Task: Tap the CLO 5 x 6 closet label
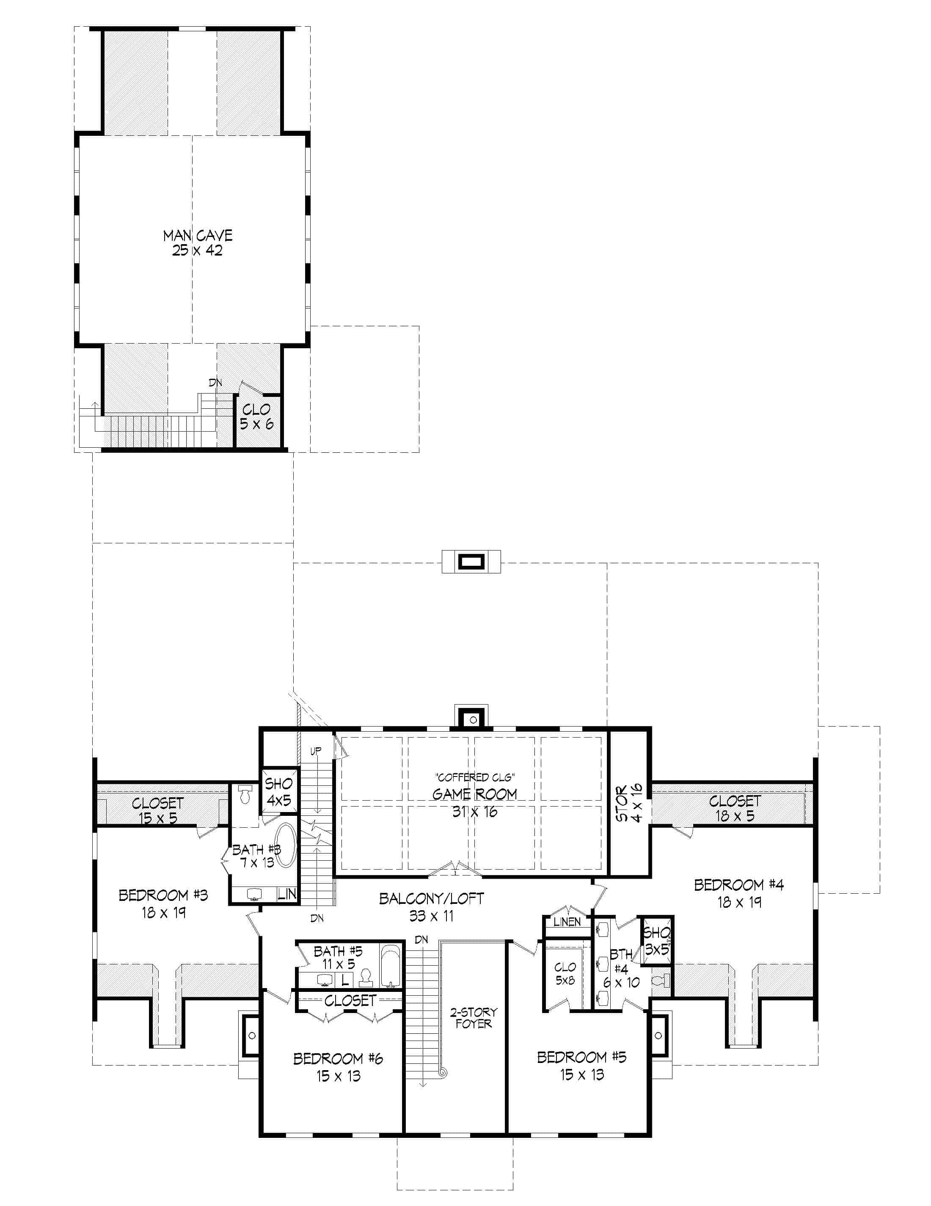(x=256, y=416)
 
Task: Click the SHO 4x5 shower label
(x=279, y=791)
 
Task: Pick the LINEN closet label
(x=567, y=922)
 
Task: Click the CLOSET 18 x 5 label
(x=734, y=808)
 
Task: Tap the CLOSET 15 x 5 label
(x=158, y=810)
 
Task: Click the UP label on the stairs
(x=315, y=751)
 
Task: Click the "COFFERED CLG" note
(x=475, y=777)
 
